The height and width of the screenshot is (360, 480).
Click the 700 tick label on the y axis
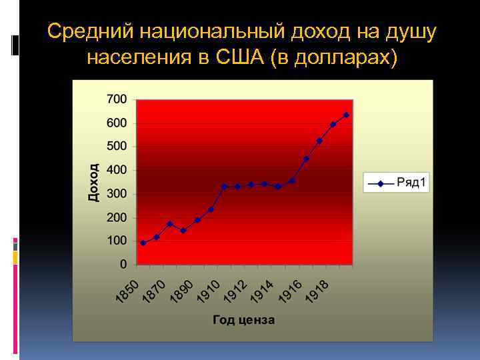coord(117,99)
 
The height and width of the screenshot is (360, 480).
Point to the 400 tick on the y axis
coord(117,170)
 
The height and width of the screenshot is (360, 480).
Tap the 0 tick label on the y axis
coord(123,264)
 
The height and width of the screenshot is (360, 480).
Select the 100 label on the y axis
coord(117,241)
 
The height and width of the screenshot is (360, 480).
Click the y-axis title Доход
coord(94,182)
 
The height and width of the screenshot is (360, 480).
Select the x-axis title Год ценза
coord(244,320)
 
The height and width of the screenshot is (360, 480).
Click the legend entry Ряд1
coord(411,183)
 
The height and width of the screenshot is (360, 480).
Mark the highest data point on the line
coord(346,115)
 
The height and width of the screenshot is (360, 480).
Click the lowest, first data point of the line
coord(143,243)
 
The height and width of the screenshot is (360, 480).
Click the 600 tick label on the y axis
coord(117,123)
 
